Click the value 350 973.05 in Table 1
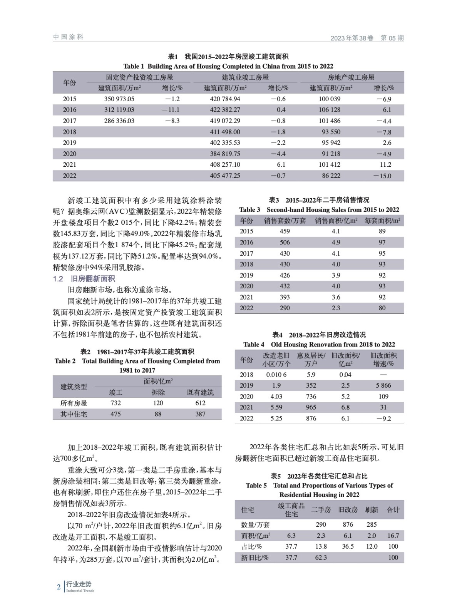[119, 99]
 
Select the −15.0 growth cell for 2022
[382, 176]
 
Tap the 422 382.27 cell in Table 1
[225, 110]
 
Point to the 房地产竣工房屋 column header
[351, 77]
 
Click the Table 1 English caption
[228, 66]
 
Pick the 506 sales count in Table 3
[285, 242]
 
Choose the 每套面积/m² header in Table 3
[382, 221]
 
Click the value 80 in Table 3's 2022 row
[382, 308]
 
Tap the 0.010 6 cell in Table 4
[276, 375]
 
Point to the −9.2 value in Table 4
[383, 418]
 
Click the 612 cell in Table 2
[200, 403]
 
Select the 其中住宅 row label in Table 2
[74, 414]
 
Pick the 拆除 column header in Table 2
[158, 392]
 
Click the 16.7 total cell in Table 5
[393, 536]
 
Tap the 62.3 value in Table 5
[321, 557]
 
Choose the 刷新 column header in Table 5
[372, 510]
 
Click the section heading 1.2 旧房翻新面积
[84, 279]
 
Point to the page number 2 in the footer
[59, 587]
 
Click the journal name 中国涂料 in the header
[68, 37]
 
